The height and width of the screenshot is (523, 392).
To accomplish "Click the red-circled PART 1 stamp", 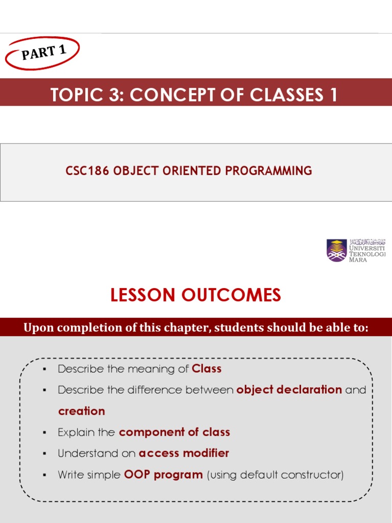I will pos(43,53).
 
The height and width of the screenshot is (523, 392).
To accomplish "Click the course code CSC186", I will pos(87,171).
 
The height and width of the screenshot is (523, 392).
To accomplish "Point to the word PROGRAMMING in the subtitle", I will pos(269,171).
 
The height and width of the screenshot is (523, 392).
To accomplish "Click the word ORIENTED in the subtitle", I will pos(195,171).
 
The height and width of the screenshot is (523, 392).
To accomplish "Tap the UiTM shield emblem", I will pos(336,250).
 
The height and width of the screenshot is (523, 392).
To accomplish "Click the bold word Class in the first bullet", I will pos(207,369).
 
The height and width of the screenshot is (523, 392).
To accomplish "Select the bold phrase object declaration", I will pos(289,390).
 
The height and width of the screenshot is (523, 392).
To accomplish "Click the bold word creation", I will pos(82,411).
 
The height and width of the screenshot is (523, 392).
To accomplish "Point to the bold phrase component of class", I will pos(175,432).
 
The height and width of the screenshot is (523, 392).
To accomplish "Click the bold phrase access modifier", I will pos(184,453).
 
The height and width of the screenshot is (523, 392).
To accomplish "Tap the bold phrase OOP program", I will pos(163,474).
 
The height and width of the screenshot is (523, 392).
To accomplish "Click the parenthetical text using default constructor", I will pos(275,474).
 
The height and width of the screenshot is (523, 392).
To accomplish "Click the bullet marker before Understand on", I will pos(45,454).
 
